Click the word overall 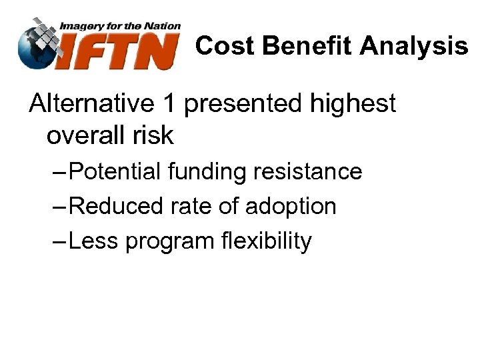pos(86,135)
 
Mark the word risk pos(153,135)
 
